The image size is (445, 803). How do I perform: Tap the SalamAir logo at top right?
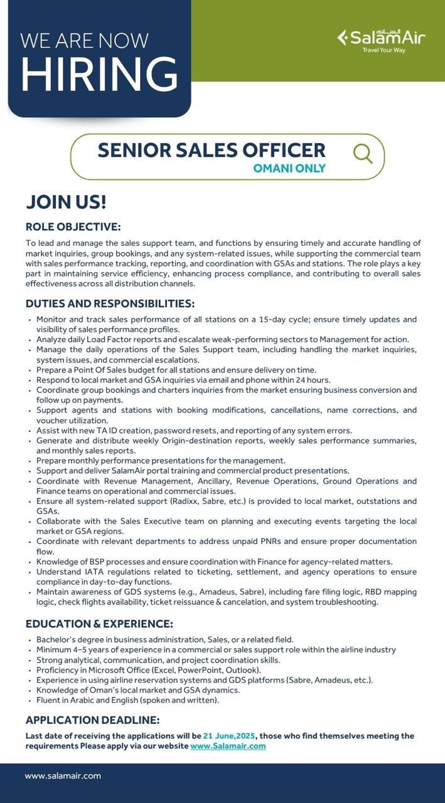(x=381, y=38)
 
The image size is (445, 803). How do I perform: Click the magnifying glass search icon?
(x=363, y=153)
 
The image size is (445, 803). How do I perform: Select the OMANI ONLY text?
(x=289, y=168)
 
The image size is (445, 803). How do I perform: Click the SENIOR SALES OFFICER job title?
(x=212, y=151)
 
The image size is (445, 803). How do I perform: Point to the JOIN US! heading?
(x=66, y=202)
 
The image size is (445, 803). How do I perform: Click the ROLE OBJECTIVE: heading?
(x=73, y=226)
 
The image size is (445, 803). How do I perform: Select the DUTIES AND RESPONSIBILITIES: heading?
(x=110, y=304)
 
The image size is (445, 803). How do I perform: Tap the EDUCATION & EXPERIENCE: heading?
(x=99, y=624)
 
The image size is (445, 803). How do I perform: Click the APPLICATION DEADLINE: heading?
(x=92, y=720)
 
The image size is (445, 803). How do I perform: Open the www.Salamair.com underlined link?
(x=228, y=746)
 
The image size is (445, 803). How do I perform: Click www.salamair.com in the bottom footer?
(x=63, y=776)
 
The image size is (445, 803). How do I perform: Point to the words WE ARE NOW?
(x=84, y=41)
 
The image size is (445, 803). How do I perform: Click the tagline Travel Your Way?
(x=383, y=50)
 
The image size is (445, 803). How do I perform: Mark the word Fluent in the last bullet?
(x=48, y=699)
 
